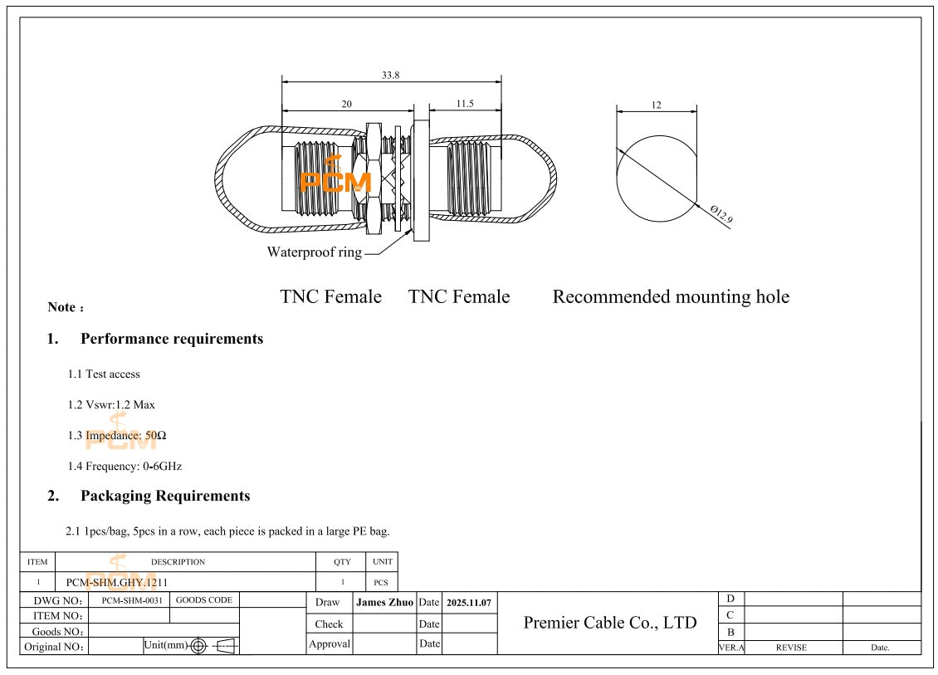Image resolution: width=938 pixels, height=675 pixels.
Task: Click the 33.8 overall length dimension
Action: tap(391, 75)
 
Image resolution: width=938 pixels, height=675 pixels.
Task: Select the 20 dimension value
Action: tap(347, 104)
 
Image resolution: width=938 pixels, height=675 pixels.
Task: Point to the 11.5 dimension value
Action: tap(464, 104)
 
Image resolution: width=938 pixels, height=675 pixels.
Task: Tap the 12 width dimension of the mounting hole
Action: tap(656, 105)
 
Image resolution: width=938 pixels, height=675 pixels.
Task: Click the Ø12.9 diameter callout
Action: tap(721, 216)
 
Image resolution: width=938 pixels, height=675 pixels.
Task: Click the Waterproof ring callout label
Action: tap(314, 252)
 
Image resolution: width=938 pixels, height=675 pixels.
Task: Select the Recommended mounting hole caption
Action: tap(671, 296)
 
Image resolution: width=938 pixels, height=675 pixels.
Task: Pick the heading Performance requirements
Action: tap(172, 339)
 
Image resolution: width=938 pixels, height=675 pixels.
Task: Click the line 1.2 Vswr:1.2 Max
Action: tap(111, 405)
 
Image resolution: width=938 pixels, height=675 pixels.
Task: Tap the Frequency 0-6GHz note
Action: tap(125, 467)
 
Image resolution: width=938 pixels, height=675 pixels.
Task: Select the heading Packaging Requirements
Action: tap(165, 496)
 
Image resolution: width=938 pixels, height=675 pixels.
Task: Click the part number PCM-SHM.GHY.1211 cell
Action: tap(117, 583)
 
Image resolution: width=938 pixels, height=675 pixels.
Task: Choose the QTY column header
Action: tap(342, 562)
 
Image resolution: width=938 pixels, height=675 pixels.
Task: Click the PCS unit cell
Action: tap(381, 583)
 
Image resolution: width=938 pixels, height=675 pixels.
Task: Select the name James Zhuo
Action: tap(384, 602)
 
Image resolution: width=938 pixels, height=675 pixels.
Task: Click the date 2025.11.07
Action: tap(469, 602)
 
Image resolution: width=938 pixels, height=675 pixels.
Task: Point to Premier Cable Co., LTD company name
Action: tap(610, 623)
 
